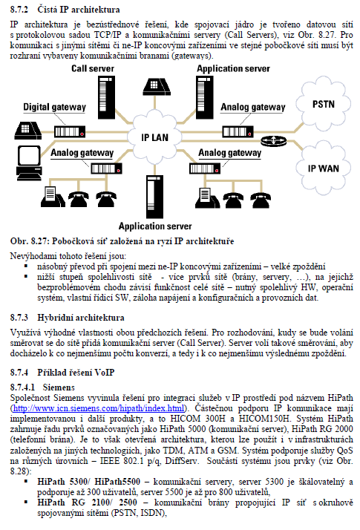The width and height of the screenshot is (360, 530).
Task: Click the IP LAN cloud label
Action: pos(154,137)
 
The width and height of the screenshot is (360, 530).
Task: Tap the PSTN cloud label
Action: pos(324,104)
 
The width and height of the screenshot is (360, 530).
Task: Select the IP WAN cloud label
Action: pos(323,169)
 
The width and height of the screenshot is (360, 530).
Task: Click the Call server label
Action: pos(93,68)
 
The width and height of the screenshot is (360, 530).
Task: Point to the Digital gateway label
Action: pos(54,107)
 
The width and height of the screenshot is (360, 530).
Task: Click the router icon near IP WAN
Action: pos(273,140)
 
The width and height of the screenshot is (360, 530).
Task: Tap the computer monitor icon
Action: pos(29,163)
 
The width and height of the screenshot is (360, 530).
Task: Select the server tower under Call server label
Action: pos(106,97)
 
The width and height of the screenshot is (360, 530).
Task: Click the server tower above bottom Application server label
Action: pos(154,197)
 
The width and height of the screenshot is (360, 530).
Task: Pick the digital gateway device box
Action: pos(70,131)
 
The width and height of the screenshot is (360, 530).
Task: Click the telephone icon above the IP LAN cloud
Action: pos(156,87)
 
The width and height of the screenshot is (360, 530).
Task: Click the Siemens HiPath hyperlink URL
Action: pos(99,408)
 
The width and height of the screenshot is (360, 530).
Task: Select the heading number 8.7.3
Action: pos(19,318)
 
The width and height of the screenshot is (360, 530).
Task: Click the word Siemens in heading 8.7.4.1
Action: pos(59,387)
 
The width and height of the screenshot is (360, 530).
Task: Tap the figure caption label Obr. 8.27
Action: pos(30,241)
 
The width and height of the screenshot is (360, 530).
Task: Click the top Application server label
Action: pos(233,68)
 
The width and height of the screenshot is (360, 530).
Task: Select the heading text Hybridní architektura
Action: pos(81,318)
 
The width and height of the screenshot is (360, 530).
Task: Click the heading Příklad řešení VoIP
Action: pos(76,373)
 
